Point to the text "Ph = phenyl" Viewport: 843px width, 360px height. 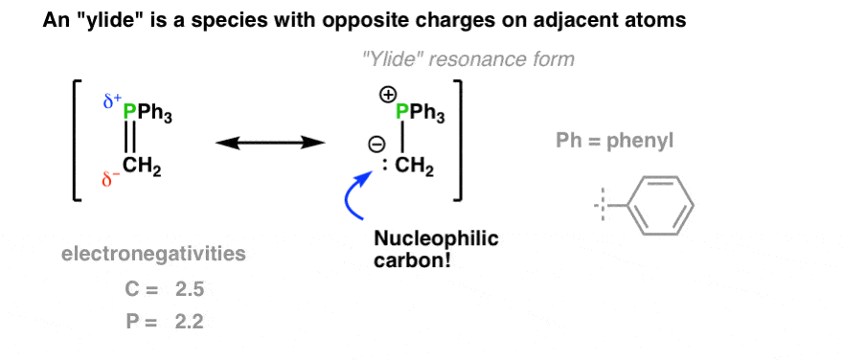coord(616,142)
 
